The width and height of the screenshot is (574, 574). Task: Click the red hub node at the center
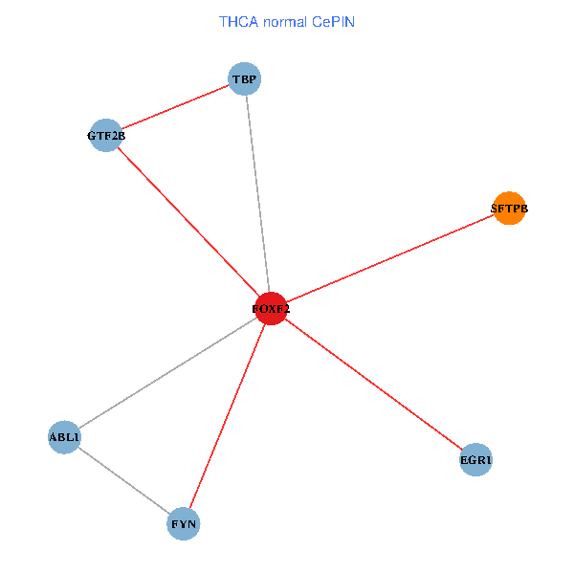click(x=271, y=309)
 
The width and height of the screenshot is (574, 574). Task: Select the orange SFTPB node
click(x=509, y=208)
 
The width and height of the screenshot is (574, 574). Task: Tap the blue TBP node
click(x=245, y=78)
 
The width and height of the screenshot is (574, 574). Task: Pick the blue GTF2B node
click(x=105, y=136)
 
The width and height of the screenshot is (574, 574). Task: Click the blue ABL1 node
click(x=64, y=437)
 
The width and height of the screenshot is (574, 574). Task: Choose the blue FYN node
click(x=184, y=523)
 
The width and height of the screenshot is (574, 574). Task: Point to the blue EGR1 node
click(x=475, y=460)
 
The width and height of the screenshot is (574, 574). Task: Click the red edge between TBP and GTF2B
click(x=175, y=107)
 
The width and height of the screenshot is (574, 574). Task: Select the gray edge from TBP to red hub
click(x=257, y=191)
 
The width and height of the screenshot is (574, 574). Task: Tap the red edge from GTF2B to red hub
click(x=188, y=222)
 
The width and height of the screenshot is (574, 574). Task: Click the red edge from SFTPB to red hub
click(x=389, y=258)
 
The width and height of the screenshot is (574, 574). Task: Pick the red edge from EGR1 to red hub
click(x=373, y=385)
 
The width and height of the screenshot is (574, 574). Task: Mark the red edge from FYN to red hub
click(x=227, y=416)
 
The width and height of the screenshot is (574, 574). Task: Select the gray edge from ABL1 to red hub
click(x=167, y=373)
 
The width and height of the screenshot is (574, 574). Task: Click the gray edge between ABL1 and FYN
click(x=123, y=480)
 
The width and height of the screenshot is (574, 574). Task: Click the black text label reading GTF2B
click(x=106, y=136)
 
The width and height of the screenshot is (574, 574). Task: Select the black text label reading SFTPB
click(x=509, y=208)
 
